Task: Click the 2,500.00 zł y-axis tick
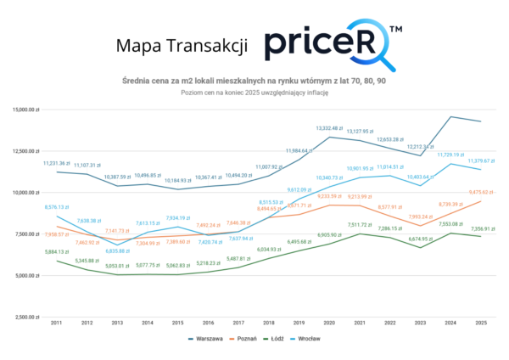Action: (27, 317)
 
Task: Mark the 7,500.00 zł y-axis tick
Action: (27, 234)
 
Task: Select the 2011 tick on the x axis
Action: (57, 323)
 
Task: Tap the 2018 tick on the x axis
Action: (270, 323)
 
